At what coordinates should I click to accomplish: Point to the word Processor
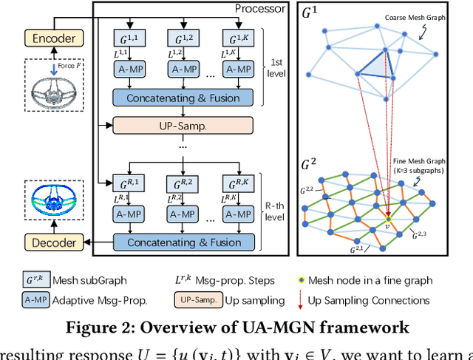coord(260,9)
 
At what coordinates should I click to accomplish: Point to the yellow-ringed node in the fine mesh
coord(389,219)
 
